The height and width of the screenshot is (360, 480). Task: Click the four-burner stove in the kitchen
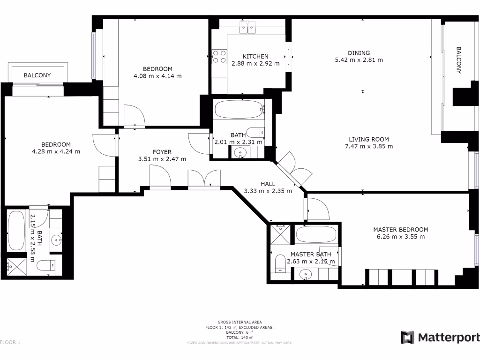tap(219, 59)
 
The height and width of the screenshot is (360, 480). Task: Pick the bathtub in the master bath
tap(316, 233)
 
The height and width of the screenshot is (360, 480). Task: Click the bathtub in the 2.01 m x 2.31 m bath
tap(239, 110)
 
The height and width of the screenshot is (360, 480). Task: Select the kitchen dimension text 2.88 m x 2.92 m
tap(255, 64)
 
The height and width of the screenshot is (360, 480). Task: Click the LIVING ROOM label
tap(368, 139)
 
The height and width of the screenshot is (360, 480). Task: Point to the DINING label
tap(359, 53)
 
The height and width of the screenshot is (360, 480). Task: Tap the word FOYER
tap(162, 152)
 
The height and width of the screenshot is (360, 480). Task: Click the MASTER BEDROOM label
tap(400, 230)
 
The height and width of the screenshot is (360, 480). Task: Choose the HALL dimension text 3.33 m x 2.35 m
tap(268, 191)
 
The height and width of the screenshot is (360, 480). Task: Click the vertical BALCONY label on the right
tap(459, 60)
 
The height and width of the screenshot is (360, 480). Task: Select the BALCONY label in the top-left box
tap(37, 75)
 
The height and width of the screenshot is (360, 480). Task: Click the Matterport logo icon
tap(407, 337)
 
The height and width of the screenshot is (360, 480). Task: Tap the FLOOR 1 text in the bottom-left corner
tap(10, 343)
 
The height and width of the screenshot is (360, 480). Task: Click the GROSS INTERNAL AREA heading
tap(240, 322)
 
